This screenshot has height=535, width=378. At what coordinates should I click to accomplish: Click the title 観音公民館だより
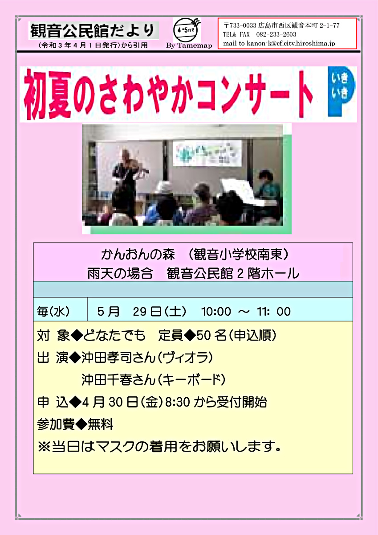coord(93,30)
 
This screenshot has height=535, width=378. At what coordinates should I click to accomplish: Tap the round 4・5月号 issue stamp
coord(185,31)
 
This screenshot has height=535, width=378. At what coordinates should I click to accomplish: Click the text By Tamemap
coord(189,45)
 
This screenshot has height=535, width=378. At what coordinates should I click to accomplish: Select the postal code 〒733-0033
coord(240,25)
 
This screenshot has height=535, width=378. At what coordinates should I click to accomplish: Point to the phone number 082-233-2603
coord(276,34)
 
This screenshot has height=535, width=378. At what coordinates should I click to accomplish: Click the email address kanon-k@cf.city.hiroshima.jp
coord(291,44)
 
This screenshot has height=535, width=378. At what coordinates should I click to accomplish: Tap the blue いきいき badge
coord(341,91)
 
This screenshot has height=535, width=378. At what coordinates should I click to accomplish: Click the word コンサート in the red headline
coord(255,95)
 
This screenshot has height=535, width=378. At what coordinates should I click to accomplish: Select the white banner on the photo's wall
coord(207,153)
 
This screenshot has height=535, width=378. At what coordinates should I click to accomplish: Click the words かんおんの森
coord(138,255)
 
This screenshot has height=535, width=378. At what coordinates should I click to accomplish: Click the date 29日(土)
coord(159,312)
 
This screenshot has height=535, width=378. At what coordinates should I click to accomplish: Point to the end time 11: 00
coord(273,312)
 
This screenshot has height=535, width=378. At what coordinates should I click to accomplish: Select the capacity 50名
coord(212,335)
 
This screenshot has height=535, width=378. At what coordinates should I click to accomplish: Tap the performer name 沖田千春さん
coord(118,380)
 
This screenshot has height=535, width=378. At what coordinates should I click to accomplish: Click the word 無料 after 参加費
coord(101,424)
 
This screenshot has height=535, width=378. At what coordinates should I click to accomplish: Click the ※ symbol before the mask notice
coord(44,447)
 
